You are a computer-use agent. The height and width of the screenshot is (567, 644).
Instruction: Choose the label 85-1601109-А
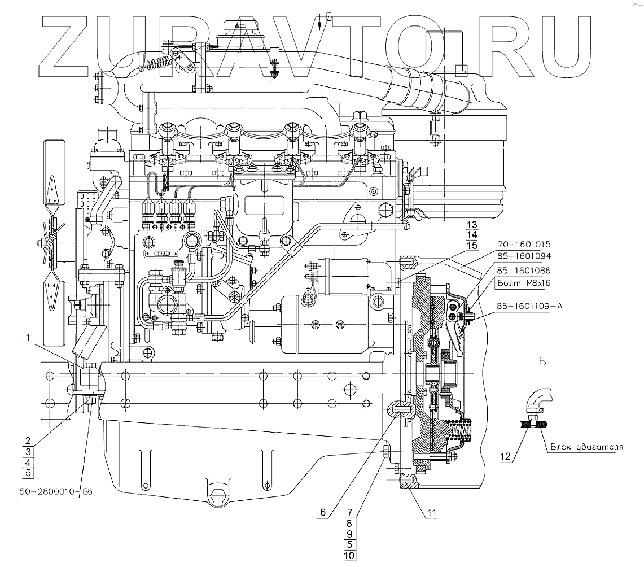(531, 307)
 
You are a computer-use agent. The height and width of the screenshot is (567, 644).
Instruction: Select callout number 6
(323, 512)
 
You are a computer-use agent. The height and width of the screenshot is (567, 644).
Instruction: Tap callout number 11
(432, 512)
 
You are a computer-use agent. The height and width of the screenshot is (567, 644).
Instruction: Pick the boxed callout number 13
(472, 224)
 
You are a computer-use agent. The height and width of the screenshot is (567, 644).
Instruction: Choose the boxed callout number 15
(472, 245)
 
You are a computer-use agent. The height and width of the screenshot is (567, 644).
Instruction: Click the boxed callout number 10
(349, 556)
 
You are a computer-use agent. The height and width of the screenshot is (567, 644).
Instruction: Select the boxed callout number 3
(28, 451)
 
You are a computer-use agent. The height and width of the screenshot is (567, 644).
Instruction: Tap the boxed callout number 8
(349, 524)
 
